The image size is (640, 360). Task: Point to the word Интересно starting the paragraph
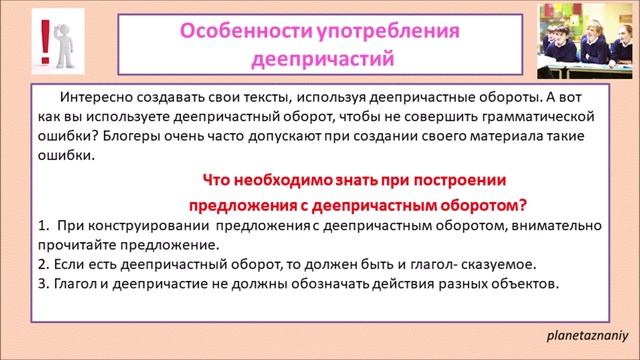click(95, 99)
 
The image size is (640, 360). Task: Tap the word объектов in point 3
click(525, 284)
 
